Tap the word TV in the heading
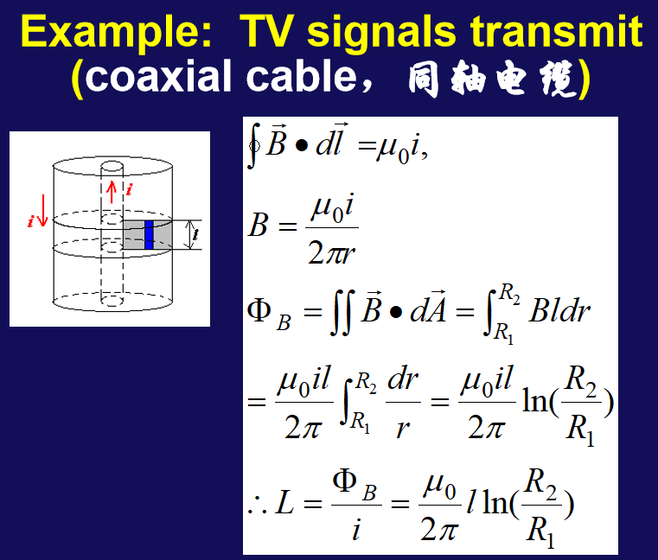265,30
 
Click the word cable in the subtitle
301,76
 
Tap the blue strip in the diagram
149,234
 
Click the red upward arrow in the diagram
112,192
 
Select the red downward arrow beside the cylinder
42,210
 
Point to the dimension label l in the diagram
195,234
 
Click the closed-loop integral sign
253,145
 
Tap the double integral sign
342,312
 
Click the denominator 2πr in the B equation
331,253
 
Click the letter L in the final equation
284,503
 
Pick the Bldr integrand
559,311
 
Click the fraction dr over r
403,403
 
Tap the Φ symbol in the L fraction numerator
344,480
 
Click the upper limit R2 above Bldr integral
510,293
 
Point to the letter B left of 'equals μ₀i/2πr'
258,225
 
